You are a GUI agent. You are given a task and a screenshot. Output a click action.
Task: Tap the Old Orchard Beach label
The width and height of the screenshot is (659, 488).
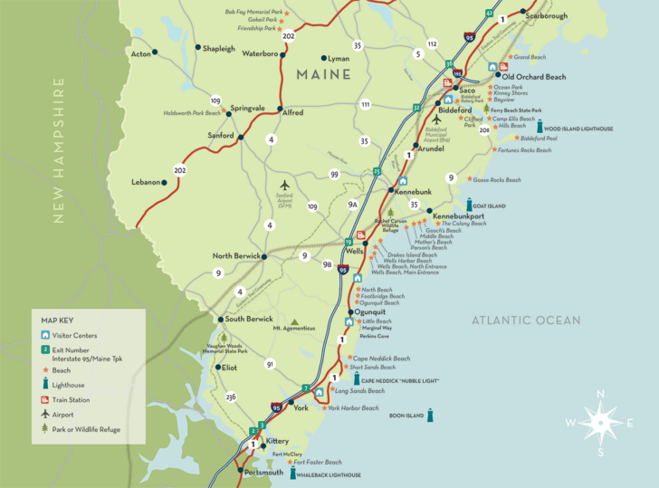tap(534, 77)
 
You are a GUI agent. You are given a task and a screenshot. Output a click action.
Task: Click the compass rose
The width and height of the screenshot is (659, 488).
tap(599, 423)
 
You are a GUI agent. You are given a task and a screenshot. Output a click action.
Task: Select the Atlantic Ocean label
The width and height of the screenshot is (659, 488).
tap(525, 321)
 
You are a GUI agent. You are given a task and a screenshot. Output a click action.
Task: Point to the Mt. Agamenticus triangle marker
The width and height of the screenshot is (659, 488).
tap(294, 321)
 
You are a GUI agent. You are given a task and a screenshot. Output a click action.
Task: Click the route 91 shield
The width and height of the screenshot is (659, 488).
tap(270, 364)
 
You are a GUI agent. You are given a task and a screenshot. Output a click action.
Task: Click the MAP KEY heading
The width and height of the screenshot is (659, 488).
tap(58, 320)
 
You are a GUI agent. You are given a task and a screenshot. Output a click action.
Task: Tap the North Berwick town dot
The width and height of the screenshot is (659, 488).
tap(264, 257)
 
